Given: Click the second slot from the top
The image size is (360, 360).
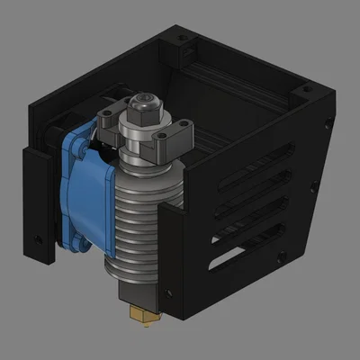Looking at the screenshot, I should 261,179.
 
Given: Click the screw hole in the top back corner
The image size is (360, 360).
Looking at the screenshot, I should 184,40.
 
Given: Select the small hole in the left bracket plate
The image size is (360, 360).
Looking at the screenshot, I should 37,238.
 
